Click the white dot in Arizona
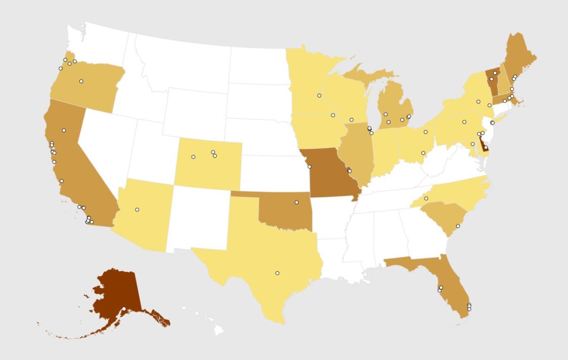click(x=137, y=210)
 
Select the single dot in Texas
click(x=277, y=273)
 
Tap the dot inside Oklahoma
click(x=297, y=203)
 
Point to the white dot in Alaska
click(x=124, y=309)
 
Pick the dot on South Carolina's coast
click(x=458, y=226)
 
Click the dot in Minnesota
click(x=319, y=96)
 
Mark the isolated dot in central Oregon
click(x=81, y=81)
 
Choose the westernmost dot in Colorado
click(x=193, y=157)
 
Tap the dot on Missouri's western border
click(x=309, y=167)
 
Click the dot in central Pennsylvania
click(x=464, y=122)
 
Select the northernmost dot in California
click(x=64, y=130)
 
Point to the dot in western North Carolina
click(x=426, y=198)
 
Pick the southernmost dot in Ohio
click(x=423, y=153)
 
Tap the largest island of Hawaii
click(x=218, y=330)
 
